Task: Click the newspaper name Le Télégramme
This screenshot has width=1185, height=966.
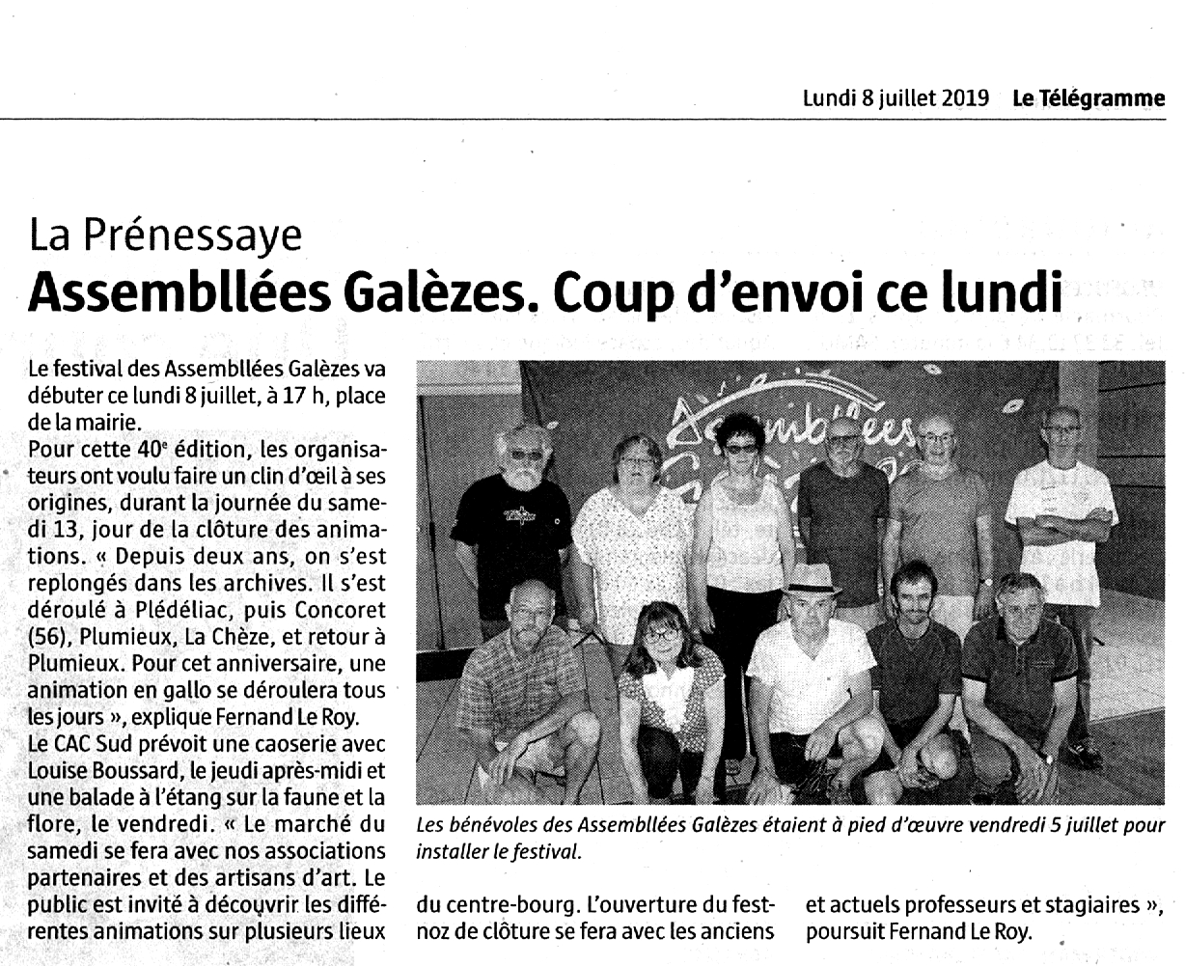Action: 1089,98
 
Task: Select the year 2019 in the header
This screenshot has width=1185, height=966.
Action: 965,98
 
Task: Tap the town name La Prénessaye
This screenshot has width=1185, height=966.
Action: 165,235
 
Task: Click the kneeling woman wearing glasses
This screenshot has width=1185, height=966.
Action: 668,695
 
